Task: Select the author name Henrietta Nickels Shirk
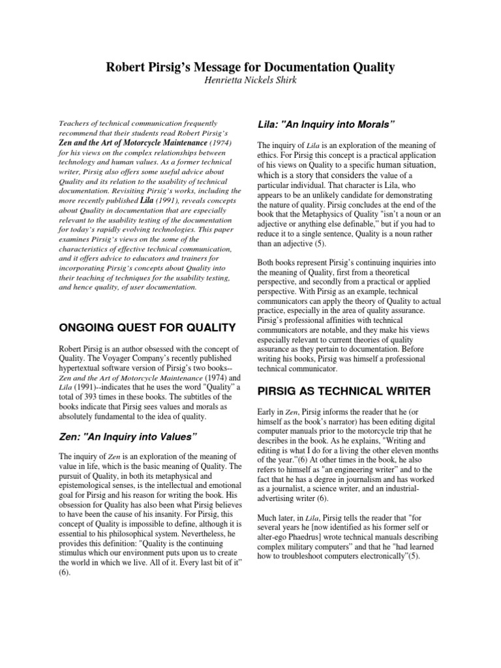pyautogui.click(x=250, y=81)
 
